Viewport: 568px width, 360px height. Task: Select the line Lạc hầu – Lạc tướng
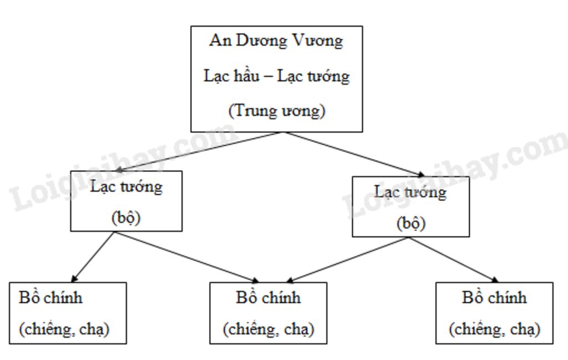click(276, 76)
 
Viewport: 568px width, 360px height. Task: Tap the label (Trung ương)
click(277, 111)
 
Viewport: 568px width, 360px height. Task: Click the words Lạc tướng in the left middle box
click(126, 187)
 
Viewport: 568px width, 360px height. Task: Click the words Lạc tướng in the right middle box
click(410, 192)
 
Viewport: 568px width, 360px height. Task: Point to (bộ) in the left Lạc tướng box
click(126, 218)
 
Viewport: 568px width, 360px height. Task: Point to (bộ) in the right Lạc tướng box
click(410, 224)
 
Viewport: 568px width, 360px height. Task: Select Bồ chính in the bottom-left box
click(50, 298)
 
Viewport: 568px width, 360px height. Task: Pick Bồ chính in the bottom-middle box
click(268, 298)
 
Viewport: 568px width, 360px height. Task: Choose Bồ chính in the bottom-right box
click(494, 298)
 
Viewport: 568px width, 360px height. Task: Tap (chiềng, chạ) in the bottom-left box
click(64, 329)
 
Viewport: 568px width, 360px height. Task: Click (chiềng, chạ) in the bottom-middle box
click(268, 329)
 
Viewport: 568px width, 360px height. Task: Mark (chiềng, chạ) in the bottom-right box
click(494, 329)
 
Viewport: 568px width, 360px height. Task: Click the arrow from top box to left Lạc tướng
click(200, 151)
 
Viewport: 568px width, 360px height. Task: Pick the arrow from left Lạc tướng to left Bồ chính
click(93, 257)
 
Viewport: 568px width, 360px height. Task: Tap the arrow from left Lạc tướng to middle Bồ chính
click(186, 257)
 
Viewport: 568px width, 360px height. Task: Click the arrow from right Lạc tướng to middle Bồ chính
click(348, 260)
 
